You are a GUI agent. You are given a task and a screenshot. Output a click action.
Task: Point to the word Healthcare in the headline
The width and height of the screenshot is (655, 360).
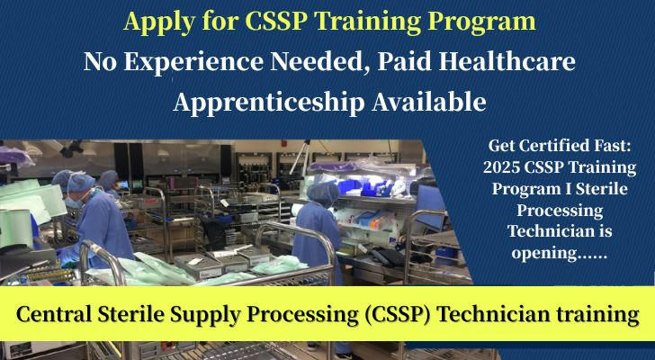507,61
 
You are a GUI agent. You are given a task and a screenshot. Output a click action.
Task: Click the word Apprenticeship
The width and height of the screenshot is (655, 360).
269,103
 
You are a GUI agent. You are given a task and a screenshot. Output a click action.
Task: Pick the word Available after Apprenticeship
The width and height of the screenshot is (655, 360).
429,102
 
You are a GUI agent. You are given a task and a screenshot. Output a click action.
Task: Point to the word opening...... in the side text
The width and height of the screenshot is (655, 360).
560,254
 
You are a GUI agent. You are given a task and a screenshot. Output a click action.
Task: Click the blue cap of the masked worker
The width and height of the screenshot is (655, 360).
81,183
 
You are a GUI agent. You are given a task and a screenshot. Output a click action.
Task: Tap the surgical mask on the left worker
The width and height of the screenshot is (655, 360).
73,202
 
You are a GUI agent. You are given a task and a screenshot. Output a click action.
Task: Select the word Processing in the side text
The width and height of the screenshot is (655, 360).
560,211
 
